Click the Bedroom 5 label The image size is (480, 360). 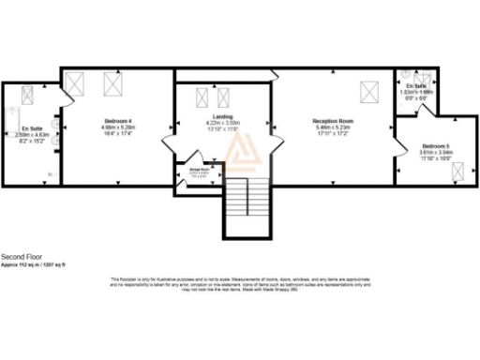pos(436,147)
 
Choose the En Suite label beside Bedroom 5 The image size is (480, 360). pos(413,85)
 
